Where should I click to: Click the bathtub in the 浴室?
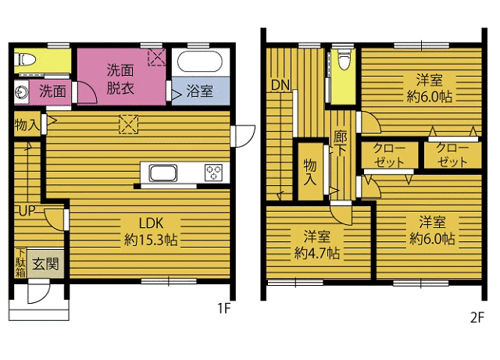pos(200,62)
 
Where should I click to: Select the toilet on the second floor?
pos(343,59)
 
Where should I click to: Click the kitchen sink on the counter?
pos(162,173)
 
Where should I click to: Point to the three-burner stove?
pos(213,173)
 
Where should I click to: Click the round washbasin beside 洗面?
pos(22,92)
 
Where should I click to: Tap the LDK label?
pos(151,223)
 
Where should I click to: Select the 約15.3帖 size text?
pos(151,240)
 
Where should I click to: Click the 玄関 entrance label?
pos(45,264)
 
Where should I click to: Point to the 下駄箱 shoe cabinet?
pos(20,262)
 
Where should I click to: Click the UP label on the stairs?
pos(27,211)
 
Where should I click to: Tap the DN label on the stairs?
pos(280,85)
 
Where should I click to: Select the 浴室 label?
pos(200,91)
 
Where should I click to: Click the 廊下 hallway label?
pos(340,144)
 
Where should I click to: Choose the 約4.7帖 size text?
pos(317,253)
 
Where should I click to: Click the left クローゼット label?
pos(389,155)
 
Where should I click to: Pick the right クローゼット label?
pos(452,155)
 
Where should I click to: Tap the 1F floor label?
pos(223,308)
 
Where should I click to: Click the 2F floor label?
pos(477,318)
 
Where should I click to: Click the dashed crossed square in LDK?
pos(128,124)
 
